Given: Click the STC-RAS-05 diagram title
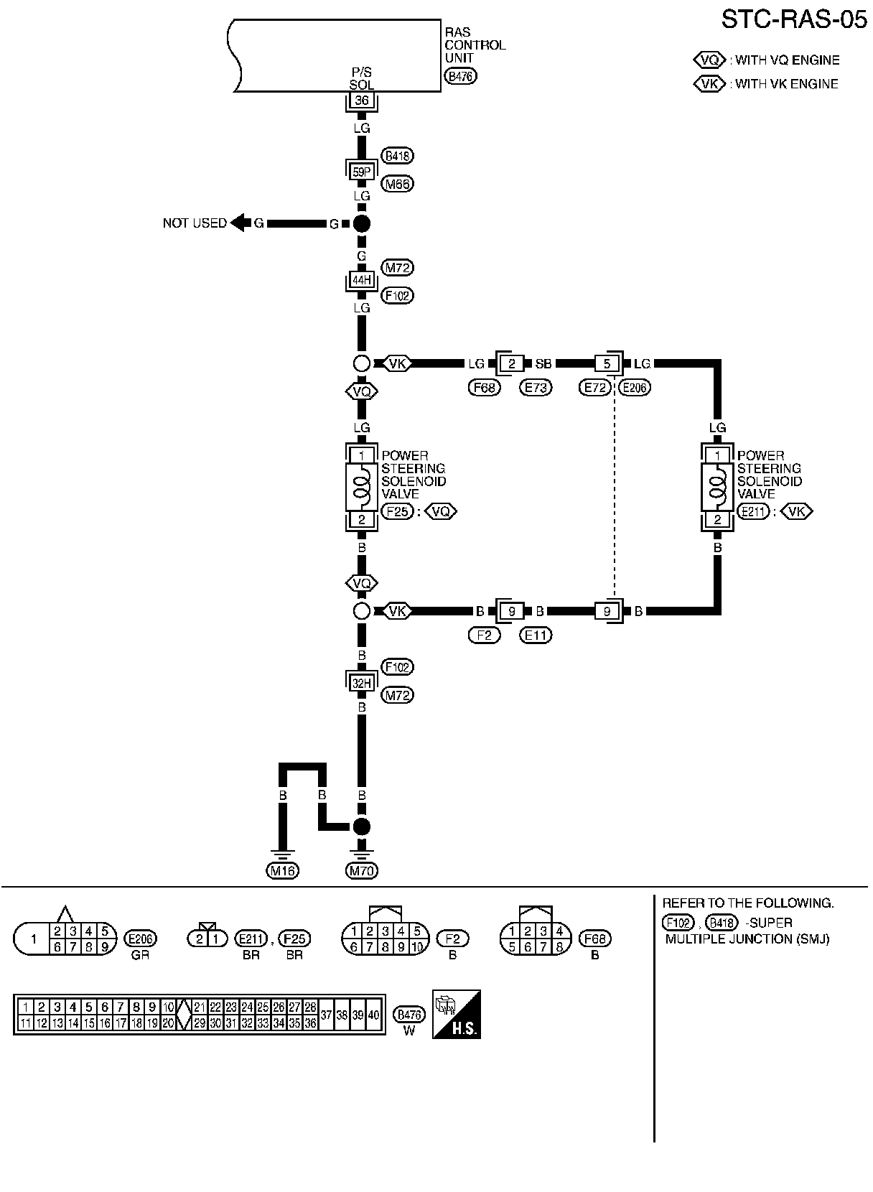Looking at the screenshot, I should point(794,20).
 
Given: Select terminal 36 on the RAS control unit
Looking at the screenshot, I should point(362,101).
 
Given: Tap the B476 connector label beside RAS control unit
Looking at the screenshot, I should point(460,76).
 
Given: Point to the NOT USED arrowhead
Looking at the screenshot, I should point(238,223).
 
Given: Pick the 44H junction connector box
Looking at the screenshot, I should point(362,281).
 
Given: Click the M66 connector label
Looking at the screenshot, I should point(398,184).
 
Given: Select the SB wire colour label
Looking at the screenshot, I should point(543,364).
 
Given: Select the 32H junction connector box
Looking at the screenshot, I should point(362,683).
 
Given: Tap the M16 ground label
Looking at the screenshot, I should point(282,871).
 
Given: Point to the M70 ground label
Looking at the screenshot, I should point(362,871).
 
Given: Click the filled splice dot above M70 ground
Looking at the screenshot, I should point(362,827).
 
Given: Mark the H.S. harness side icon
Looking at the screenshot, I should point(457,1014).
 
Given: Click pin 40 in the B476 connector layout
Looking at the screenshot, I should point(373,1015).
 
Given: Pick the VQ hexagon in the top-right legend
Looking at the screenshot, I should point(709,60).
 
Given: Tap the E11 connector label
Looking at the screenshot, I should point(536,635).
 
